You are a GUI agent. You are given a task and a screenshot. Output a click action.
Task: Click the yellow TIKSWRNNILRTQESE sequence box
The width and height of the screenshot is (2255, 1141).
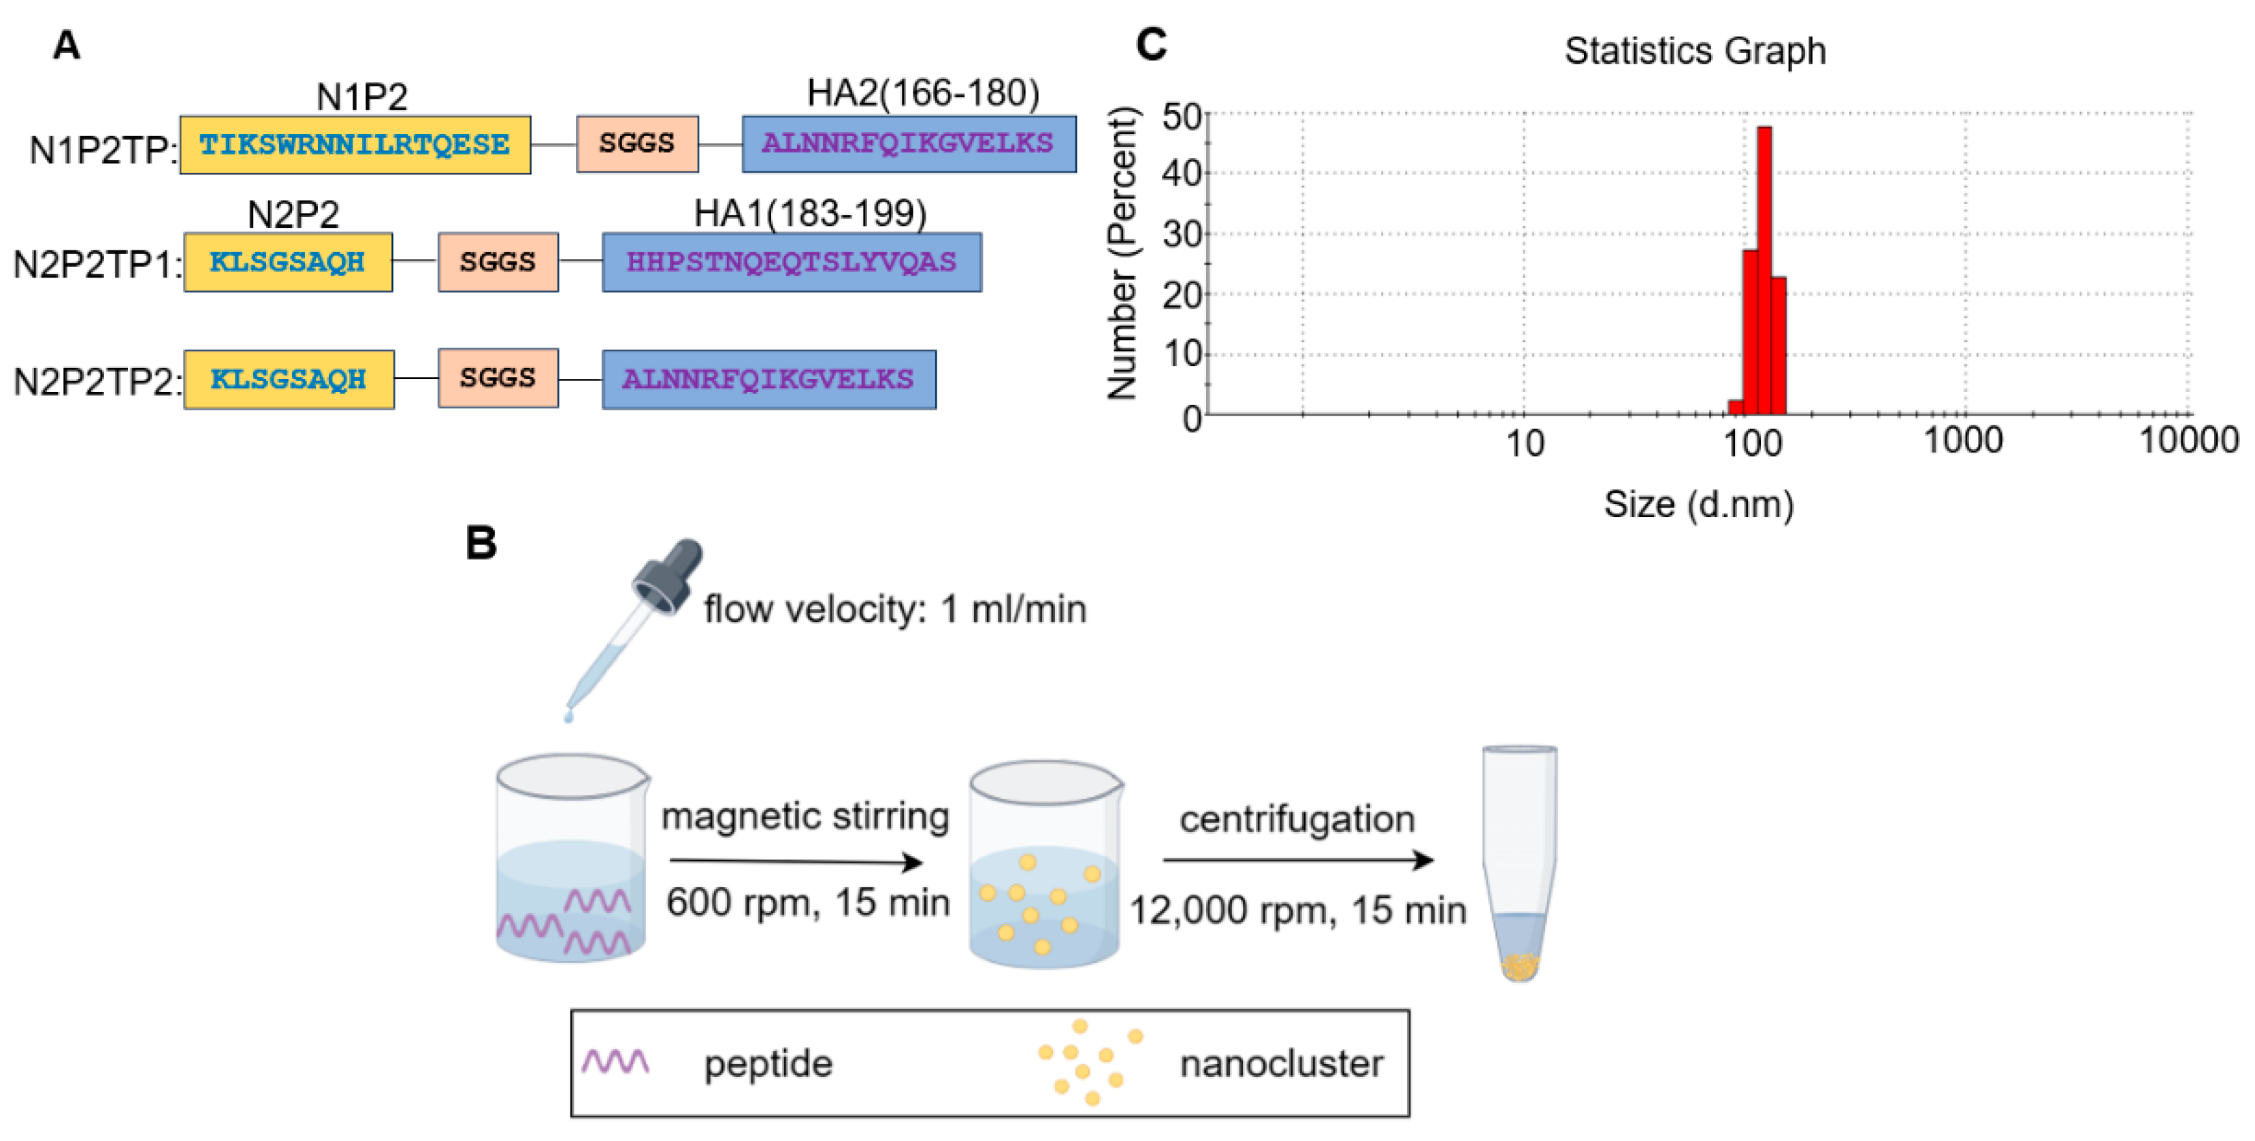point(355,144)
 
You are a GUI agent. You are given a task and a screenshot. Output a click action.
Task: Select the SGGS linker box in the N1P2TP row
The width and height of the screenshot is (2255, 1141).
point(636,144)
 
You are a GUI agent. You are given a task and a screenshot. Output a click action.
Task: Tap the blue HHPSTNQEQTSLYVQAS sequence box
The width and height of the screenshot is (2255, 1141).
point(792,262)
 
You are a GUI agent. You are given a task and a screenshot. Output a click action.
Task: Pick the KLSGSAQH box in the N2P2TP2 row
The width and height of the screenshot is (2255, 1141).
point(288,379)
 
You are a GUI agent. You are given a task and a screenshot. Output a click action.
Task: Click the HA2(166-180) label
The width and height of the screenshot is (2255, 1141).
point(923,93)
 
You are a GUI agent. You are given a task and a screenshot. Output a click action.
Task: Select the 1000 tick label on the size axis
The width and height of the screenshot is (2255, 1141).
point(1962,440)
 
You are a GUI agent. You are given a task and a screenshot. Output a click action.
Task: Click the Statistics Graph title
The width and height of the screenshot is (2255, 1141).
point(1695,51)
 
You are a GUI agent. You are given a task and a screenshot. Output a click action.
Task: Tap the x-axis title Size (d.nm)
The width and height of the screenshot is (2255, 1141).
point(1698,505)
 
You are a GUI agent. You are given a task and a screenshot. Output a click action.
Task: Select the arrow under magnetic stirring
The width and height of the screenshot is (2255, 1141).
point(795,862)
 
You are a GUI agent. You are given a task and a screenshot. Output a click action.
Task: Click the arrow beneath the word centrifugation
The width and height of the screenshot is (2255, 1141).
point(1297,860)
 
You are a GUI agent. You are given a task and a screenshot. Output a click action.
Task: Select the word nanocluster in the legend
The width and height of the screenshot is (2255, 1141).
point(1281,1064)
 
